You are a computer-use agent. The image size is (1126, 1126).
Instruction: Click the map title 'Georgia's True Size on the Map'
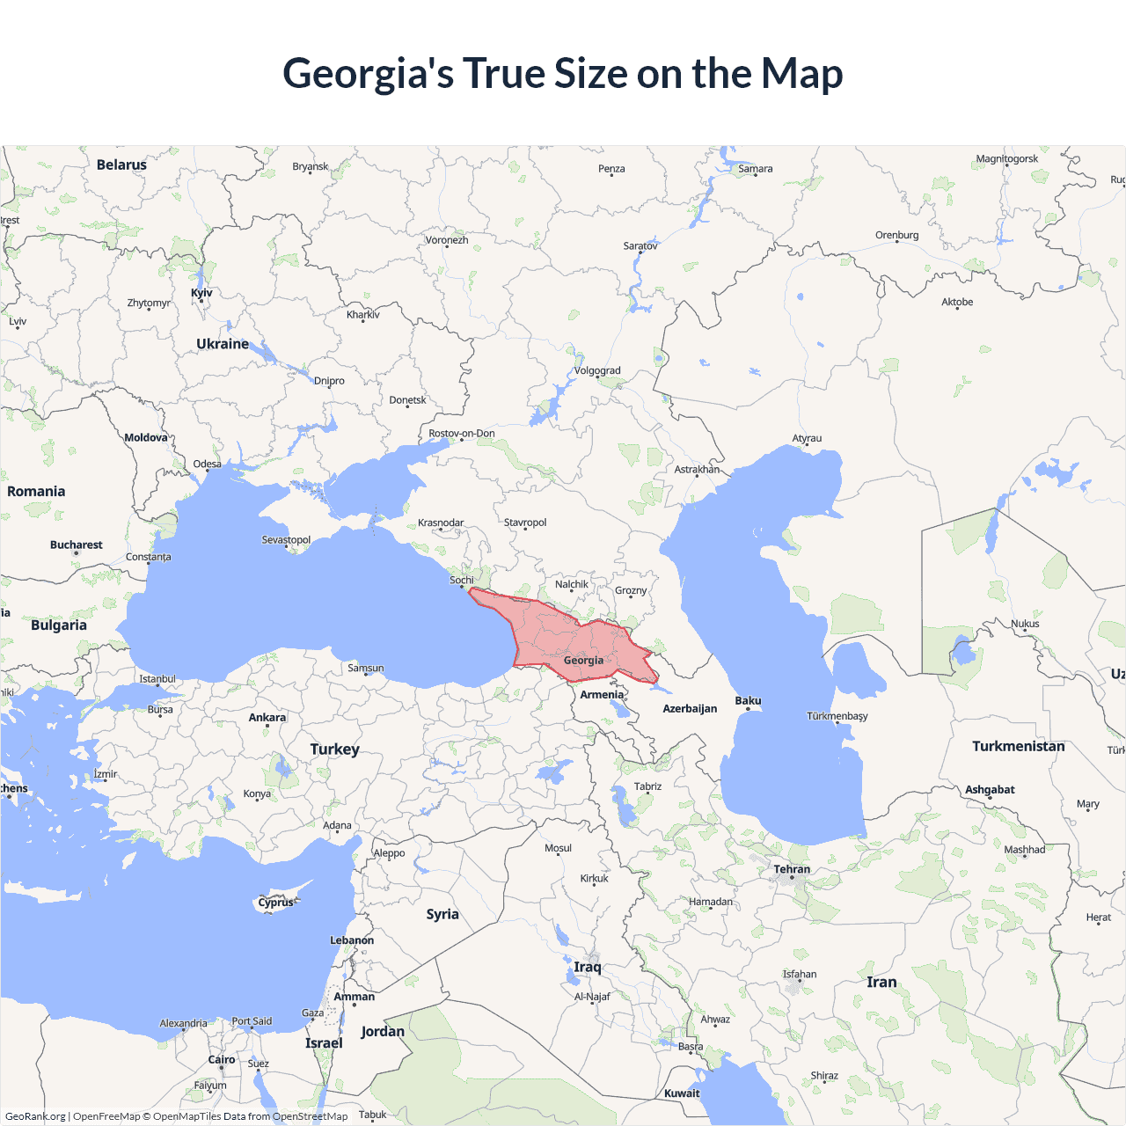[x=563, y=73]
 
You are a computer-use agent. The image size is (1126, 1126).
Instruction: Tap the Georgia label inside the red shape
[x=583, y=660]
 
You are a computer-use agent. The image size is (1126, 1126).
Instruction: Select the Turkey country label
[x=334, y=749]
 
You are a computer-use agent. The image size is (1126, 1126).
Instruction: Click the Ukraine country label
[x=223, y=344]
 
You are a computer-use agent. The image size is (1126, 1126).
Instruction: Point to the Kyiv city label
[x=201, y=293]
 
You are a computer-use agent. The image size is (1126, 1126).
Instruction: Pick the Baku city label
[x=748, y=701]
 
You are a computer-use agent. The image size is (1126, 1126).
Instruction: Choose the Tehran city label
[x=792, y=869]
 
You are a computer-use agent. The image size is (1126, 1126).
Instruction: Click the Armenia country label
[x=602, y=695]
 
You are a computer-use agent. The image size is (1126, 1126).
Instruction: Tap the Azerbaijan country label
[x=690, y=709]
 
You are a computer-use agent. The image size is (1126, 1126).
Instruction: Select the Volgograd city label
[x=597, y=370]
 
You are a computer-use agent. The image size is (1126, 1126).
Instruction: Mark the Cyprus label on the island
[x=275, y=903]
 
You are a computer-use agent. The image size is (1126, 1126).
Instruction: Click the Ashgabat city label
[x=990, y=790]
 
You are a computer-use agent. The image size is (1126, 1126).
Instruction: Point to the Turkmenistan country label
[x=1018, y=746]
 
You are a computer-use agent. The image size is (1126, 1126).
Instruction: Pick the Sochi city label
[x=462, y=580]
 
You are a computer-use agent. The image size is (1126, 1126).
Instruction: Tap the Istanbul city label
[x=157, y=679]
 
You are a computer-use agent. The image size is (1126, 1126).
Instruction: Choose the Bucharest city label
[x=77, y=545]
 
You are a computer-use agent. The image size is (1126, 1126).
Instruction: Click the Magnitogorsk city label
[x=1006, y=159]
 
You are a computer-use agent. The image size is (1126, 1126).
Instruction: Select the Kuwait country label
[x=682, y=1093]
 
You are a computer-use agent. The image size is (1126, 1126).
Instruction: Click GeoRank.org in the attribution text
[x=35, y=1116]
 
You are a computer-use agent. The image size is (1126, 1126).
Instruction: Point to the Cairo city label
[x=222, y=1060]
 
